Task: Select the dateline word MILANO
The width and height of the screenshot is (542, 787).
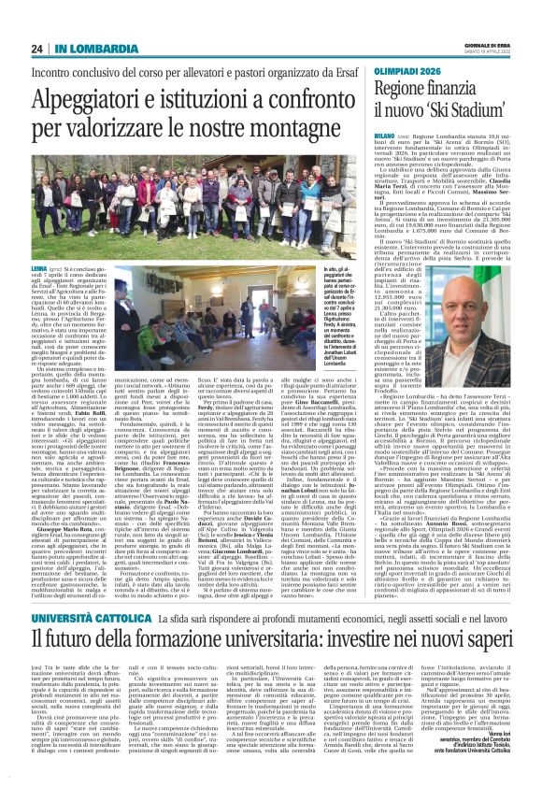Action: coord(386,136)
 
